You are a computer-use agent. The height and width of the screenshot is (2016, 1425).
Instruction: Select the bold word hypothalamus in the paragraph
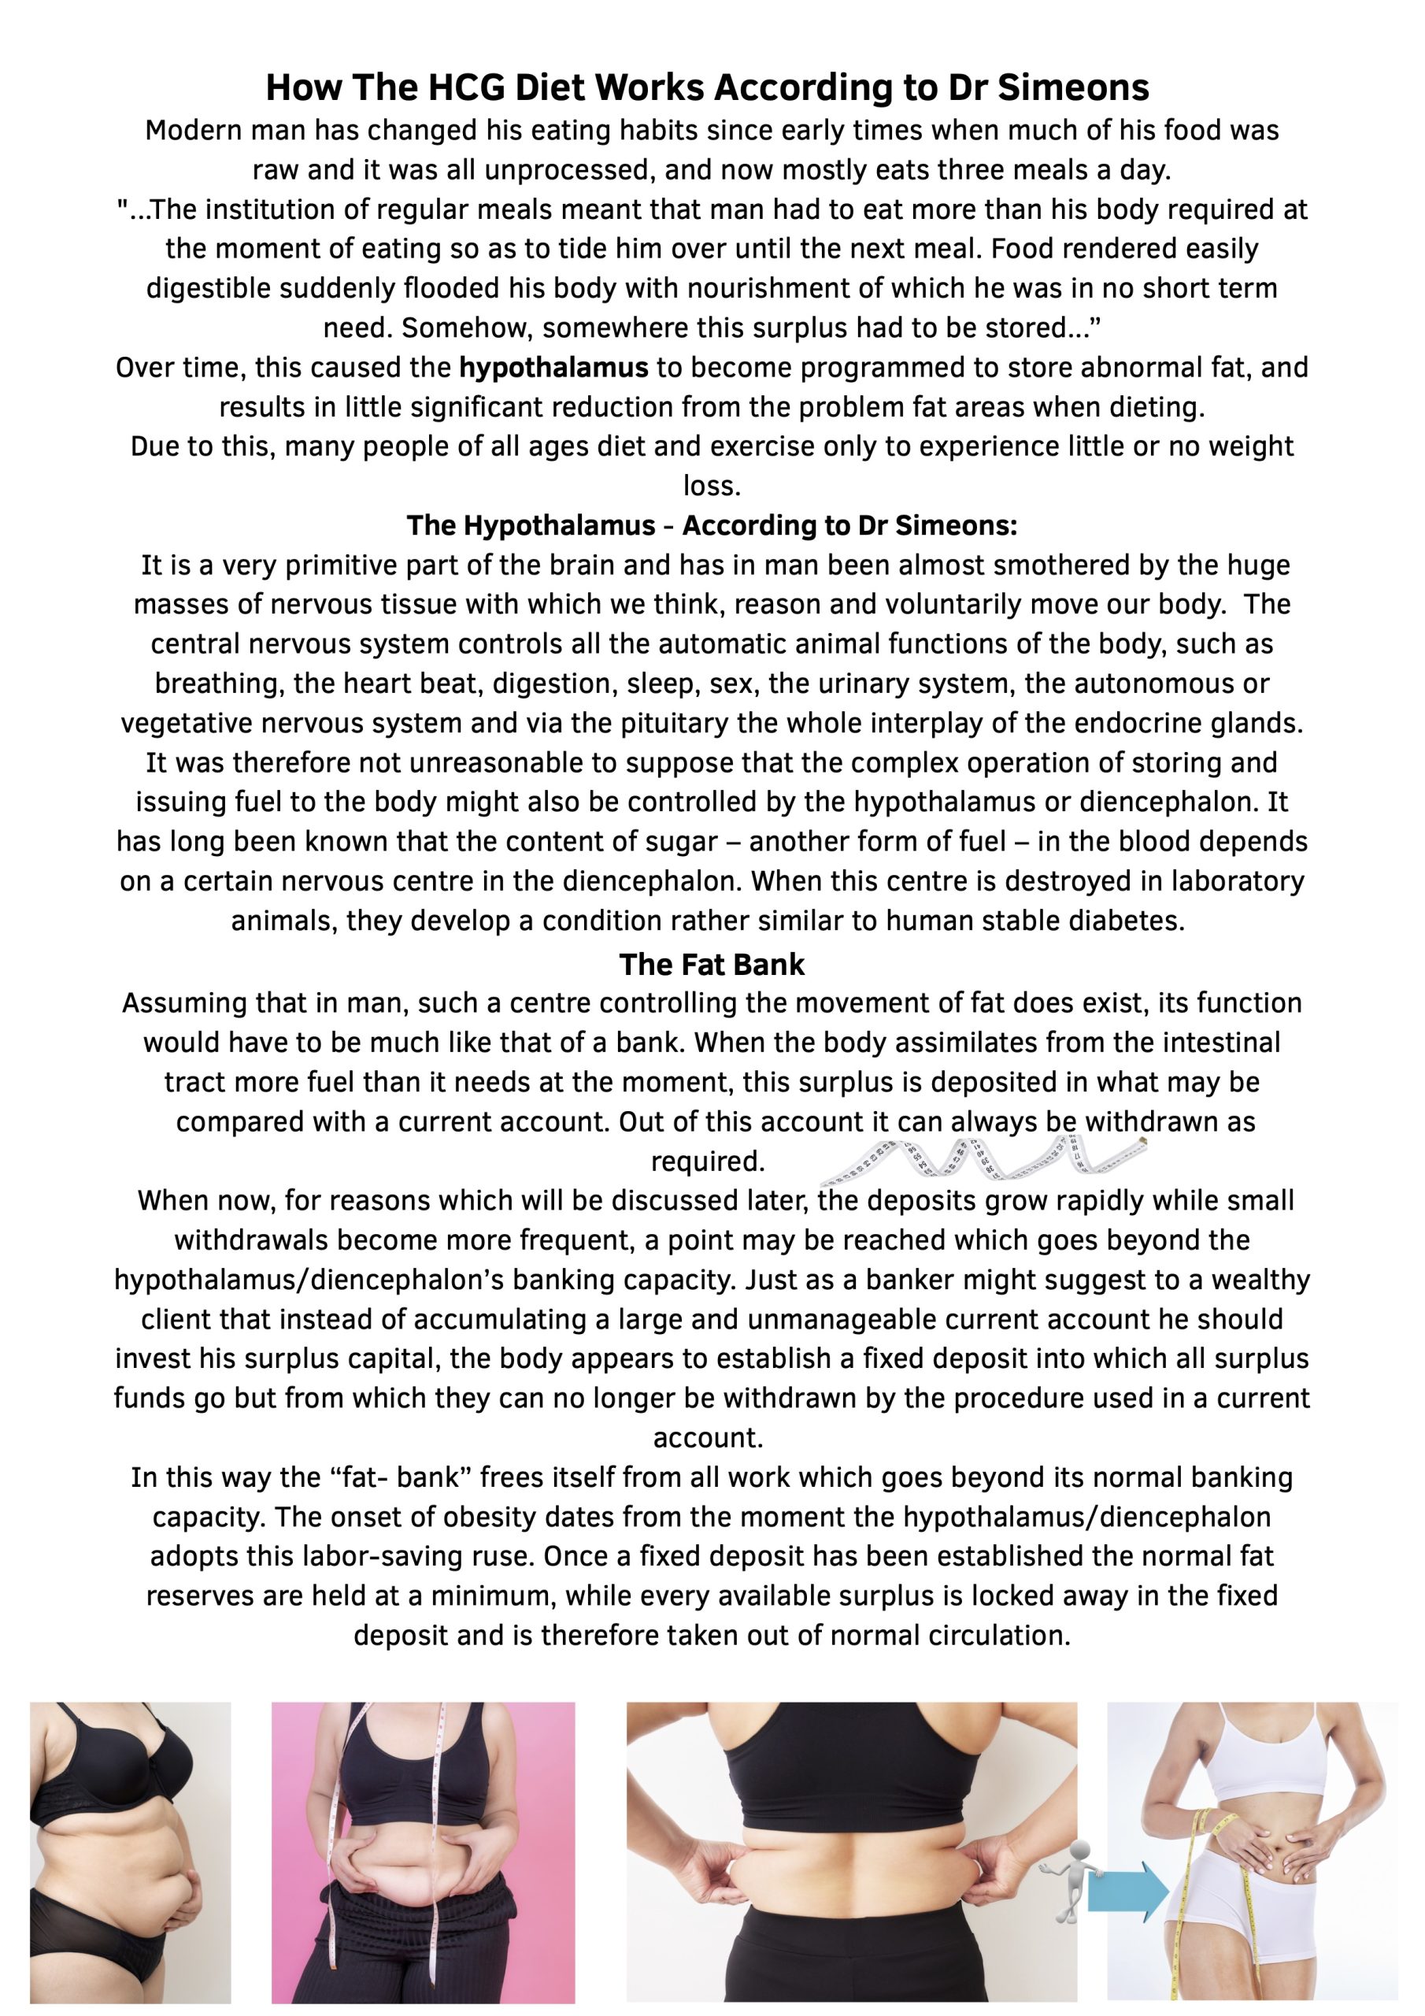(x=553, y=367)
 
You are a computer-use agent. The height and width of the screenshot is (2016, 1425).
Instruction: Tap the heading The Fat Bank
(x=711, y=964)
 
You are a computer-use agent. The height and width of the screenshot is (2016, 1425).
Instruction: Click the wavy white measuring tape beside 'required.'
(x=983, y=1159)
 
